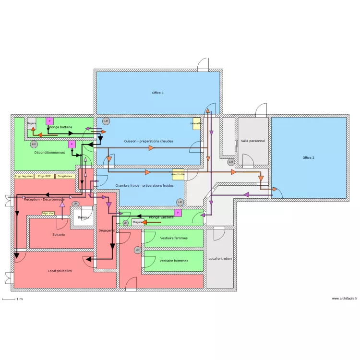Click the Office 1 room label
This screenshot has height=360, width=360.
point(158,93)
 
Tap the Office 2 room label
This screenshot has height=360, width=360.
point(308,157)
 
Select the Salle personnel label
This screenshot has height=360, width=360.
point(253,141)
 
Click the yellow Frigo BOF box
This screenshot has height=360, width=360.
point(45,176)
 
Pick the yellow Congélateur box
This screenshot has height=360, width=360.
point(65,176)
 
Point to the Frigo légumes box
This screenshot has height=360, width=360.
point(24,176)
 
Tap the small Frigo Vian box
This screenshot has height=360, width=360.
point(48,213)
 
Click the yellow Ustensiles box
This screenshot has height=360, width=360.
point(196,123)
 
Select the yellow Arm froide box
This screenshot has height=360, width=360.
point(178,174)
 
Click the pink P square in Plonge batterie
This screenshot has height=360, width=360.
point(49,121)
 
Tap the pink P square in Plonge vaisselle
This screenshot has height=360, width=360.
point(178,213)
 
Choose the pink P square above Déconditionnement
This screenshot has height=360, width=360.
point(72,144)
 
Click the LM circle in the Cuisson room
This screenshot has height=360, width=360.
point(106,121)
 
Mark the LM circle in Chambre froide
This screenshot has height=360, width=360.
point(180,202)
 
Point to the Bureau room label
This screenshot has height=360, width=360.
point(83,217)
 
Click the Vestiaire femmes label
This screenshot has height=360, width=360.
point(174,238)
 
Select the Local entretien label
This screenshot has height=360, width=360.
point(220,258)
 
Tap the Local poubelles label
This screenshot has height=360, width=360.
point(60,271)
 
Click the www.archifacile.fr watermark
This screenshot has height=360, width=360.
point(345,299)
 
